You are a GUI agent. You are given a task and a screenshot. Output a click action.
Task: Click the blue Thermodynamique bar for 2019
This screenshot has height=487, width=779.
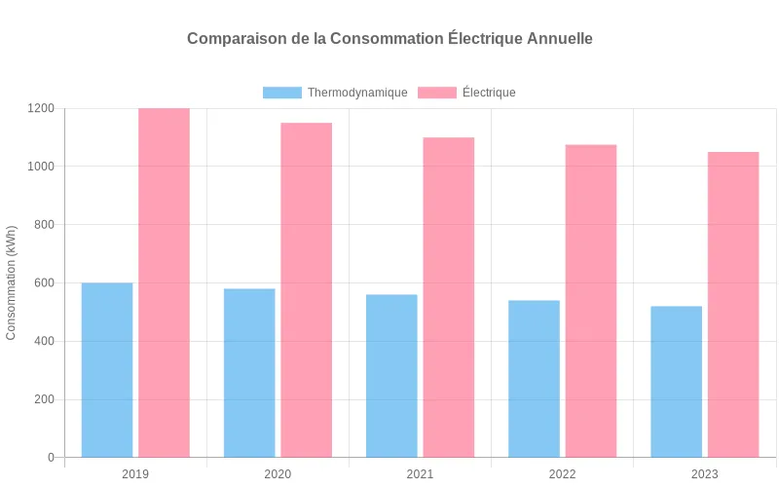(x=107, y=370)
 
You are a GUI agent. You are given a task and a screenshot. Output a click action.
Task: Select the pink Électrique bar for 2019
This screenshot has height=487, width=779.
(x=164, y=282)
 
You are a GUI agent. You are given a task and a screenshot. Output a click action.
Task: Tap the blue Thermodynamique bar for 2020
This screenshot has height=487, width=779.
(x=249, y=373)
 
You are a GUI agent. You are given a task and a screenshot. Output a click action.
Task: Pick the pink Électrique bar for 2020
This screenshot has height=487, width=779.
(x=306, y=290)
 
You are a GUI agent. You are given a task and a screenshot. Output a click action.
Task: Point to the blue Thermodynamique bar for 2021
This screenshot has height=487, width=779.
(x=391, y=376)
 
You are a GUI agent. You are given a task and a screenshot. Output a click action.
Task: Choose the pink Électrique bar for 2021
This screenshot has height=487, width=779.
(x=448, y=297)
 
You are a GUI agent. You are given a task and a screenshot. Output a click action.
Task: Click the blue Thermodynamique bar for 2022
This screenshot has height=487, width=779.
(x=534, y=379)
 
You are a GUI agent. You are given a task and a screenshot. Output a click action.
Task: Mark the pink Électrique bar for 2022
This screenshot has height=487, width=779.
(x=591, y=301)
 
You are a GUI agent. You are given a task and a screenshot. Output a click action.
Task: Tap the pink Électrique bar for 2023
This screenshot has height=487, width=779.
(x=733, y=305)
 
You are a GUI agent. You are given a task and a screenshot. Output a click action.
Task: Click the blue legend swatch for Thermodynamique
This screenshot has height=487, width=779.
(x=282, y=93)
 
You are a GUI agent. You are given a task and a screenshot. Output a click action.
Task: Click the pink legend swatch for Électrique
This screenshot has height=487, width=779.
(x=437, y=93)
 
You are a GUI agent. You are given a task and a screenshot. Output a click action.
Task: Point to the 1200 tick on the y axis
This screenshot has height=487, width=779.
(x=41, y=108)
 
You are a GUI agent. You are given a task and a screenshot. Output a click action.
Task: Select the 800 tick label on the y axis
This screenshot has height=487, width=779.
(x=44, y=225)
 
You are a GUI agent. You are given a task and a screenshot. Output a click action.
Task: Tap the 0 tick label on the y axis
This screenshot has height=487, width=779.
(x=51, y=458)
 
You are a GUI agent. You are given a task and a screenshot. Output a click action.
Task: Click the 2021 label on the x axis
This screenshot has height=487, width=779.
(x=420, y=474)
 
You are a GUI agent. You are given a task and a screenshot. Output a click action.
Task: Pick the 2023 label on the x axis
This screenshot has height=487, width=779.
(x=704, y=474)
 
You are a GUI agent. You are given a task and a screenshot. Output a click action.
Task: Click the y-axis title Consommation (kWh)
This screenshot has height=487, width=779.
(x=12, y=282)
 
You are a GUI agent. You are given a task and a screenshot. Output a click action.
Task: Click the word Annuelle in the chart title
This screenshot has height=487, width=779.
(x=559, y=39)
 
